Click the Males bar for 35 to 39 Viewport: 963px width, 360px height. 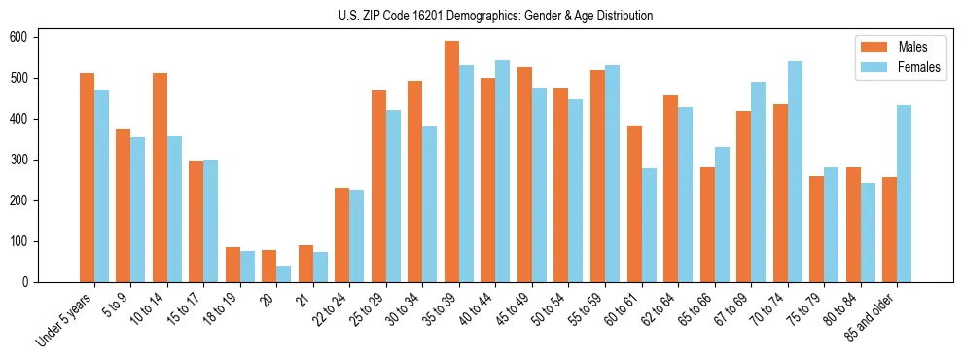tap(451, 162)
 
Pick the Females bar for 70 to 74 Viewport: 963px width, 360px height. tap(795, 172)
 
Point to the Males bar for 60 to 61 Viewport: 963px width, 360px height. tap(634, 203)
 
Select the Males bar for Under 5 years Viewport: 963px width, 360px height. tap(87, 178)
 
